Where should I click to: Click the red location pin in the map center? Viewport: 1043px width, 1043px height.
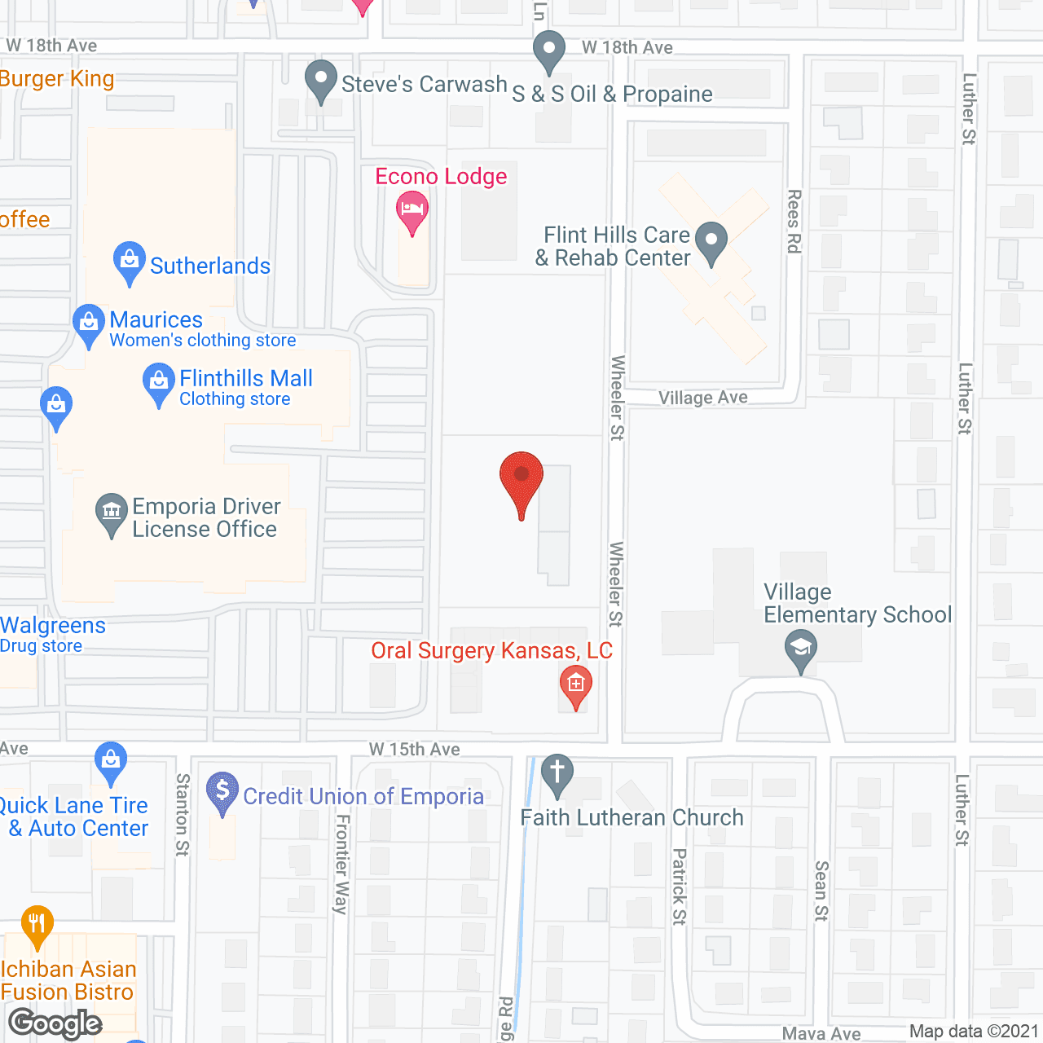pyautogui.click(x=521, y=477)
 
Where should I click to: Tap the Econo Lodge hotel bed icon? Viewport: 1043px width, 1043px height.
pyautogui.click(x=412, y=209)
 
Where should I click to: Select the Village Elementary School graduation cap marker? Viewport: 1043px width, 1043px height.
pyautogui.click(x=801, y=649)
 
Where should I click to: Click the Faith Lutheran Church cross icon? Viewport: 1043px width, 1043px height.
pyautogui.click(x=557, y=772)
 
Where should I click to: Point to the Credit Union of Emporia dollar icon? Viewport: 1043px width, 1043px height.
pyautogui.click(x=222, y=790)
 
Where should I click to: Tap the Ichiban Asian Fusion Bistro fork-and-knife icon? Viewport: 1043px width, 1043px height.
pyautogui.click(x=37, y=924)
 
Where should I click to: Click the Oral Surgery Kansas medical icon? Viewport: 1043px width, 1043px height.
pyautogui.click(x=576, y=684)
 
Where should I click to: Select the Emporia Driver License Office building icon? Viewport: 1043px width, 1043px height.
pyautogui.click(x=112, y=512)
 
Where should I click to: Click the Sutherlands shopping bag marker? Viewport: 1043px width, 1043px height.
pyautogui.click(x=130, y=260)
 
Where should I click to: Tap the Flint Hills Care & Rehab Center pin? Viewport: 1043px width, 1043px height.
pyautogui.click(x=712, y=240)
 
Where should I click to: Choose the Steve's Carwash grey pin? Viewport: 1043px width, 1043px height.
pyautogui.click(x=321, y=79)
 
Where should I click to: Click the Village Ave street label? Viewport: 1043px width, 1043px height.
pyautogui.click(x=703, y=398)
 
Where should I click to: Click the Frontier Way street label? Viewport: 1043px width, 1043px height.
pyautogui.click(x=342, y=864)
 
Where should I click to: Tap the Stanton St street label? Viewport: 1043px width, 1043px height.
pyautogui.click(x=183, y=815)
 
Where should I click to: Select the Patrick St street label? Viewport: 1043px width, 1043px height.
pyautogui.click(x=680, y=887)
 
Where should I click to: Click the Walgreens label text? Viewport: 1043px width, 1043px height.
pyautogui.click(x=53, y=626)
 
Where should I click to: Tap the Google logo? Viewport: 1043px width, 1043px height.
pyautogui.click(x=55, y=1023)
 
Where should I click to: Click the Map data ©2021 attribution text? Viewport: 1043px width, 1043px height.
pyautogui.click(x=974, y=1032)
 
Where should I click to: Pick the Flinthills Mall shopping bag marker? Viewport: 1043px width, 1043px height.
pyautogui.click(x=159, y=382)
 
